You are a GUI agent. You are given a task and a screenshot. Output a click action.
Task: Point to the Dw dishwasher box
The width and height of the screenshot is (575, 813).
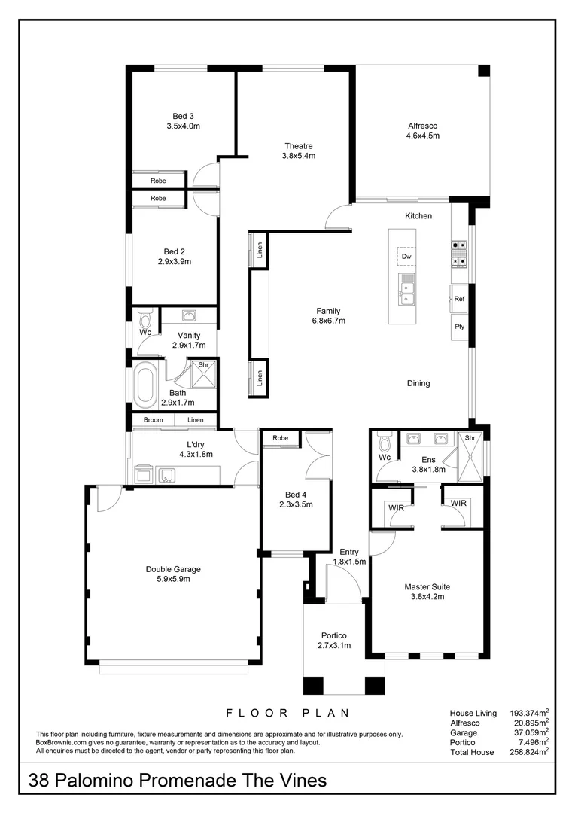[x=406, y=257]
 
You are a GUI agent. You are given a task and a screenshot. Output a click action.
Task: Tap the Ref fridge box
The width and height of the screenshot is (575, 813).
[x=459, y=299]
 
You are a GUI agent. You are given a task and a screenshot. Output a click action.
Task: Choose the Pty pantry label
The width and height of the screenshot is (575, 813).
[x=459, y=327]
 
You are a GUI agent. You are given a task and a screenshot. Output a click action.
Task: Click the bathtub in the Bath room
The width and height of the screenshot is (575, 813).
[x=145, y=384]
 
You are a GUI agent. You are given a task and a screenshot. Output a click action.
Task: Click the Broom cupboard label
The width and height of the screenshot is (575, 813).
[x=153, y=420]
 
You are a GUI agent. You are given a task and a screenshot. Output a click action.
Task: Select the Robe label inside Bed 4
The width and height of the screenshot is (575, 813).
[x=281, y=438]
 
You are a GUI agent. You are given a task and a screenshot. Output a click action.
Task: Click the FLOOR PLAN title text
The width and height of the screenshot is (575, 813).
[x=288, y=712]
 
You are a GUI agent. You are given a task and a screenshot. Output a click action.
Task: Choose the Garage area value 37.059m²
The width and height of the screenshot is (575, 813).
[x=528, y=732]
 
